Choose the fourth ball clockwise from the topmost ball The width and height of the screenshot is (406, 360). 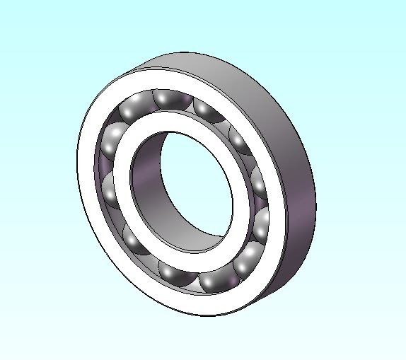pyautogui.click(x=261, y=225)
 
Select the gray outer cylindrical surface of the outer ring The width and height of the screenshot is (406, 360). pyautogui.click(x=283, y=141)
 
